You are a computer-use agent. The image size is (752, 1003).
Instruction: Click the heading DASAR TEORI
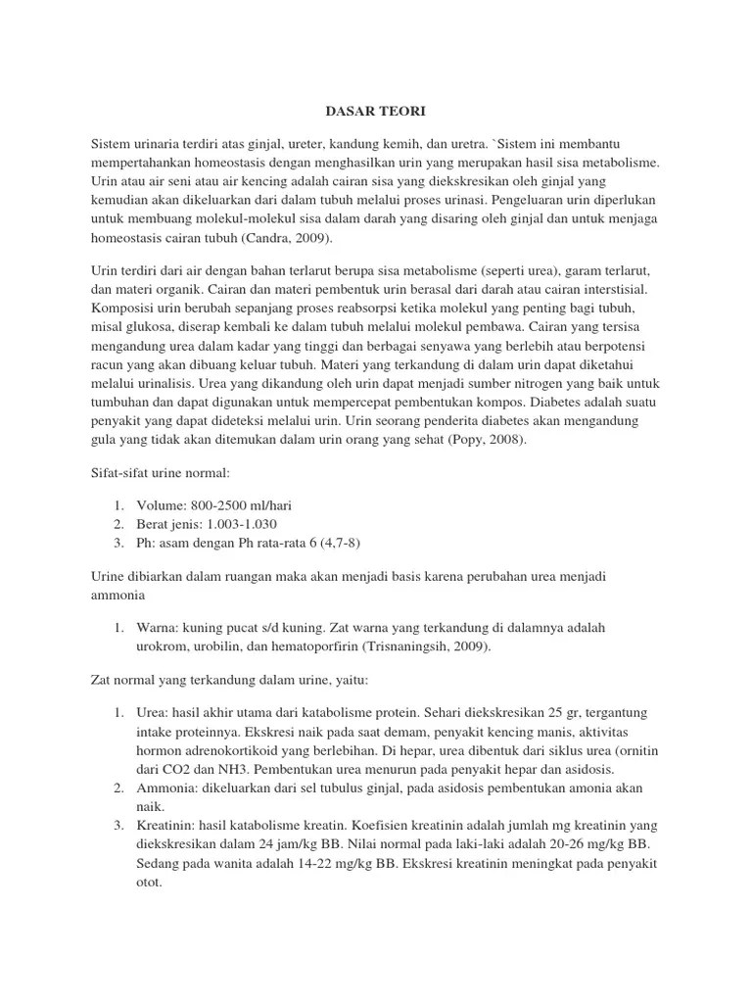click(x=375, y=113)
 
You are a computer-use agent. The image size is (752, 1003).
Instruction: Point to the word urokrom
click(x=163, y=646)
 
